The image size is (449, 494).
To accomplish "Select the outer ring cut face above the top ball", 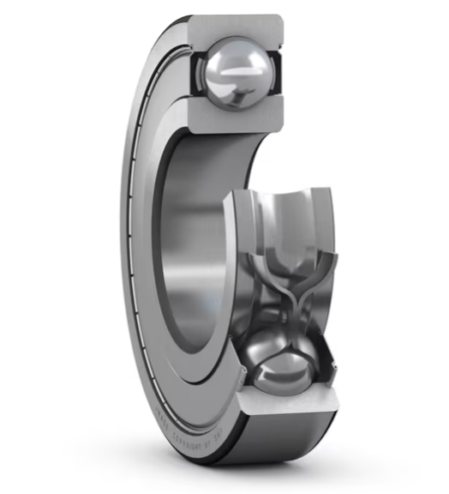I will point(236,27).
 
